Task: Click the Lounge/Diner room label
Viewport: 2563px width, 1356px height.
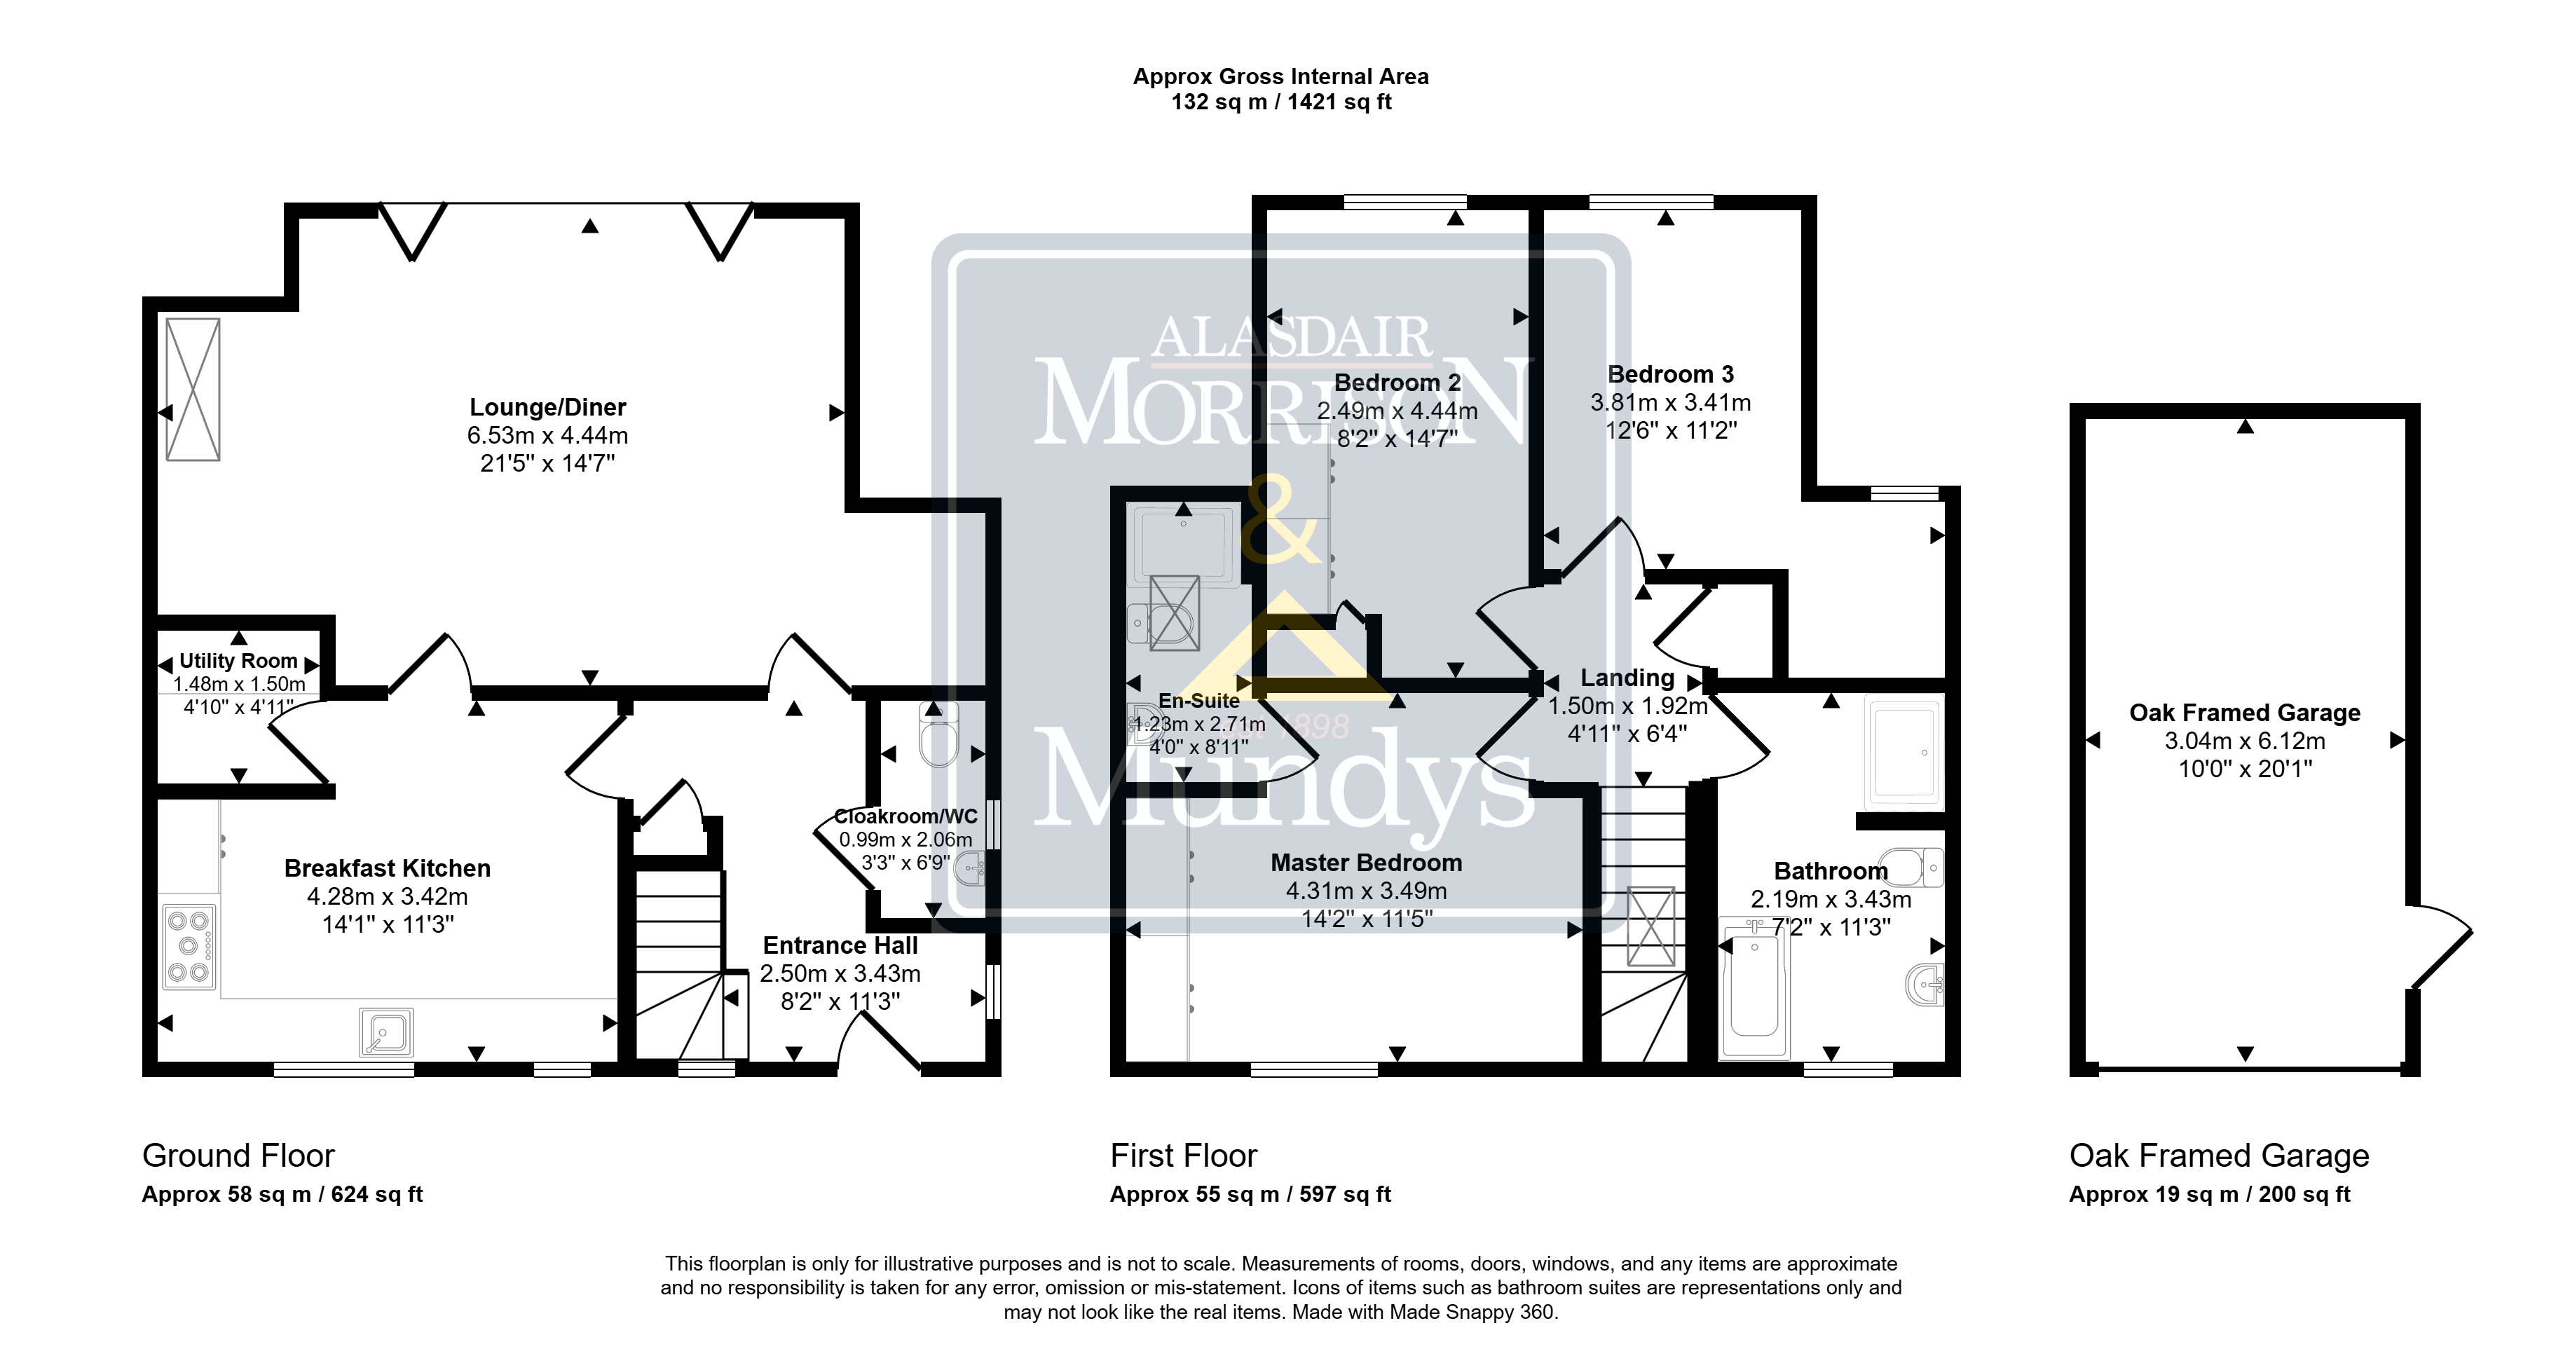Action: [x=547, y=407]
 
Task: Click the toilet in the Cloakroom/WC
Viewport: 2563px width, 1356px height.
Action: [x=939, y=734]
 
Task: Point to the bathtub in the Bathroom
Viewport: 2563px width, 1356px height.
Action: [x=1754, y=991]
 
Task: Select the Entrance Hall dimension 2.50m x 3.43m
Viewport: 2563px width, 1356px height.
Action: [x=841, y=973]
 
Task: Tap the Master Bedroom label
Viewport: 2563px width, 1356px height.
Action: [x=1366, y=863]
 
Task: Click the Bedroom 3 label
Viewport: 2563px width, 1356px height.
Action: [x=1671, y=374]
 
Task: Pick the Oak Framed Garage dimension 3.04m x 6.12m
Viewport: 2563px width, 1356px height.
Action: [x=2245, y=740]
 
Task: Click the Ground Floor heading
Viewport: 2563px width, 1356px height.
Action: [x=239, y=1155]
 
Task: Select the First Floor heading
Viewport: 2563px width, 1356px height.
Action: [x=1184, y=1155]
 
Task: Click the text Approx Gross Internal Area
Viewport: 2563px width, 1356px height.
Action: [x=1280, y=76]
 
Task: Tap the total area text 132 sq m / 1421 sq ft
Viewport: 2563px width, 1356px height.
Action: [x=1280, y=102]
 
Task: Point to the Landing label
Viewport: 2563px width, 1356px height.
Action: [x=1628, y=678]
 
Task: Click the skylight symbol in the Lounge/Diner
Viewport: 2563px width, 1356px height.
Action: [x=193, y=389]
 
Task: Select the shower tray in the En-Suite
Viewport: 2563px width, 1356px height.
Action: [x=1184, y=545]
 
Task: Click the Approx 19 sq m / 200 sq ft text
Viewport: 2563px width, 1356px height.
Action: [x=2210, y=1194]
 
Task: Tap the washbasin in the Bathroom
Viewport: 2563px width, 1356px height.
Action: [x=1925, y=985]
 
